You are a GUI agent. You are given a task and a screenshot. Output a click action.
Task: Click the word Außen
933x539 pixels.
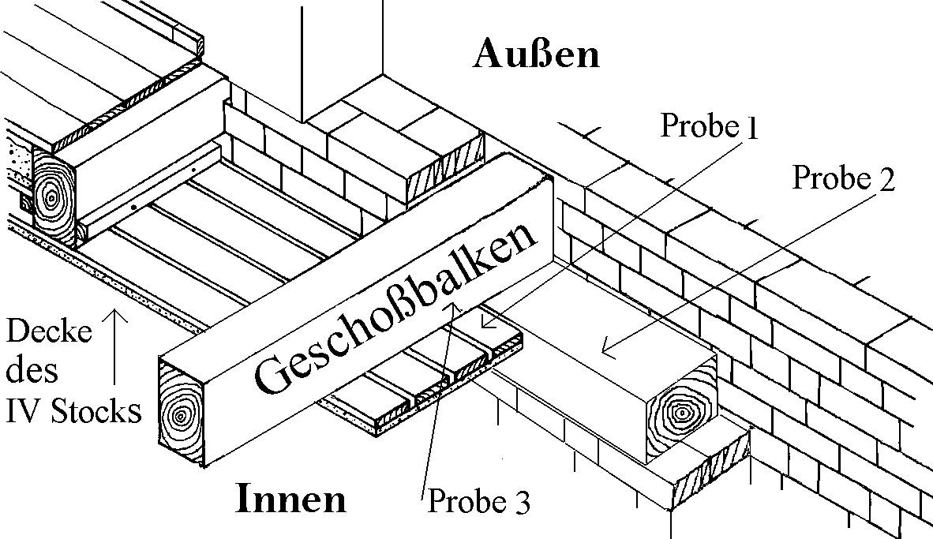pos(536,54)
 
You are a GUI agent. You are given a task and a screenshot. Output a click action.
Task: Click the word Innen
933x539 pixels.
pos(291,499)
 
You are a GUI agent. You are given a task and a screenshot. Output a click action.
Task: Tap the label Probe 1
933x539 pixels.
pos(708,126)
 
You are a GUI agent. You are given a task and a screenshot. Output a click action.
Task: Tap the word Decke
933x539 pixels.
pos(49,332)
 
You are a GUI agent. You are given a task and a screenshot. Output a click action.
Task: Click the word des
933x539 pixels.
pos(28,371)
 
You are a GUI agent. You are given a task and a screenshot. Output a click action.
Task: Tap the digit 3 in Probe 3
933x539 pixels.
pos(522,500)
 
